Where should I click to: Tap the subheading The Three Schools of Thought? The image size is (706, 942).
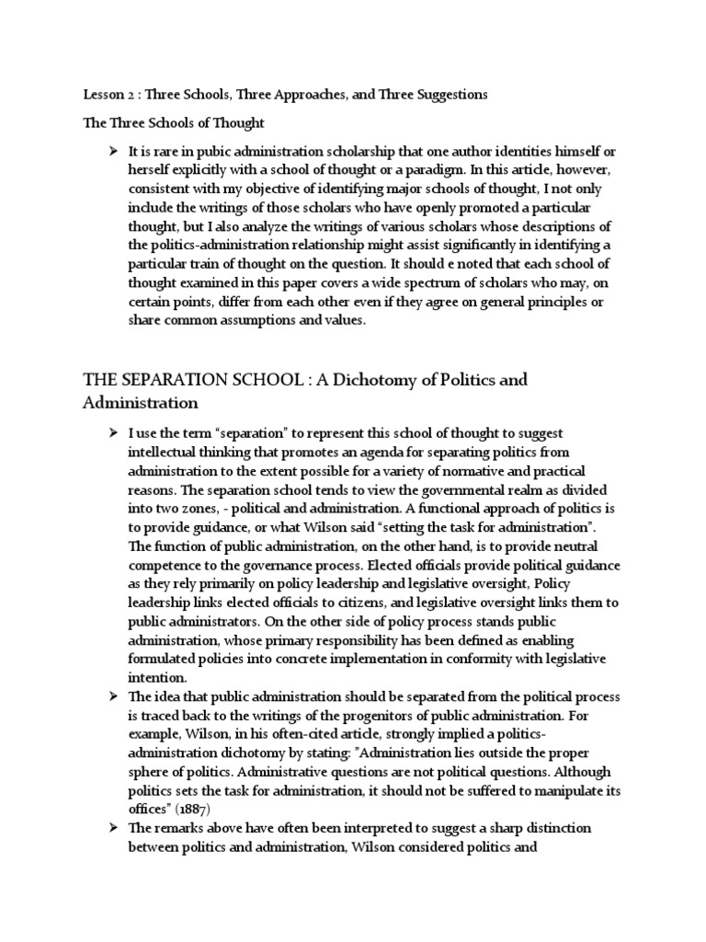click(174, 122)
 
